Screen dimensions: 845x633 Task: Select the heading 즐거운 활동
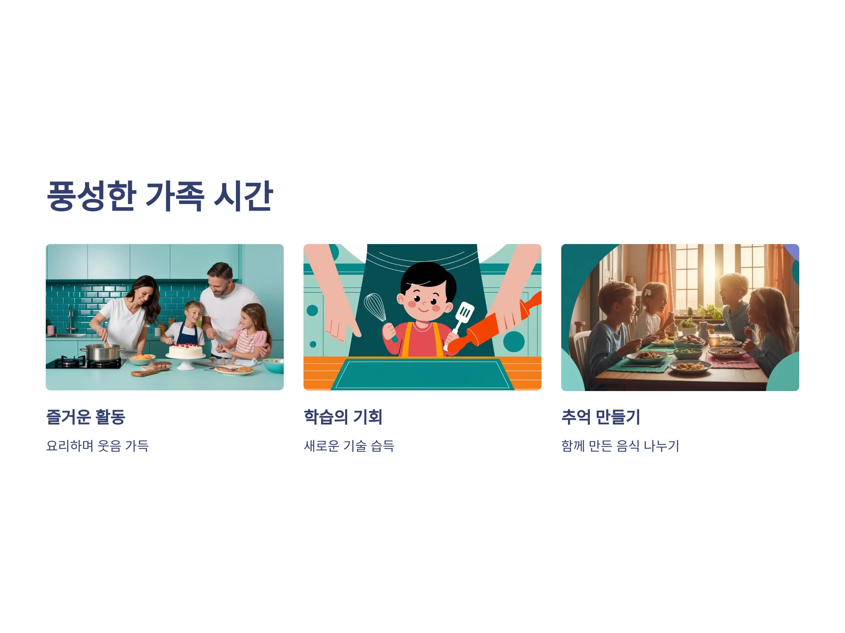pos(86,417)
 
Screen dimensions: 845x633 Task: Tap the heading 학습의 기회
pos(343,417)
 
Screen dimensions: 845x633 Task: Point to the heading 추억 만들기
pos(601,417)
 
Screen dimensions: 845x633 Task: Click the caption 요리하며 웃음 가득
pos(98,446)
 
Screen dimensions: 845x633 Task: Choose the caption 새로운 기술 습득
pos(349,446)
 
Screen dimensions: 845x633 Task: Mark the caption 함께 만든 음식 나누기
pos(620,446)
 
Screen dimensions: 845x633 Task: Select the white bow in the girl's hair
pos(648,292)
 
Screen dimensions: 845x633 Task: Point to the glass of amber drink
pos(714,340)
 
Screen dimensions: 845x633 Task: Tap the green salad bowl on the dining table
pos(688,353)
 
